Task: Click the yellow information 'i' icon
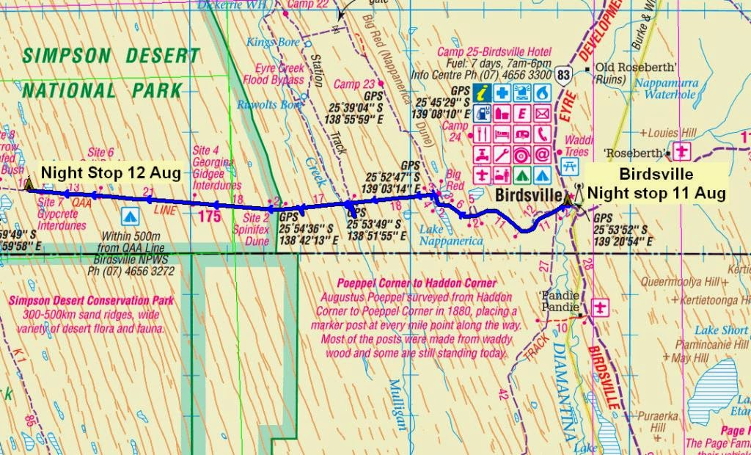click(483, 93)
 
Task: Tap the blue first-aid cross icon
click(502, 93)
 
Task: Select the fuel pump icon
click(483, 114)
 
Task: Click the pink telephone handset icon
click(542, 134)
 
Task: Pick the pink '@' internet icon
click(542, 155)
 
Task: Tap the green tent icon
click(522, 175)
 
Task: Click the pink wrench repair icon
click(502, 155)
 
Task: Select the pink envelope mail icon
click(542, 114)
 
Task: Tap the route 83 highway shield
click(563, 75)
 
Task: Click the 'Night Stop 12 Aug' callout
click(110, 172)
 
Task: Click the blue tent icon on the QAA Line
click(130, 216)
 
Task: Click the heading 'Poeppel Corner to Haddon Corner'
click(416, 283)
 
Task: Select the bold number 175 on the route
click(209, 216)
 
